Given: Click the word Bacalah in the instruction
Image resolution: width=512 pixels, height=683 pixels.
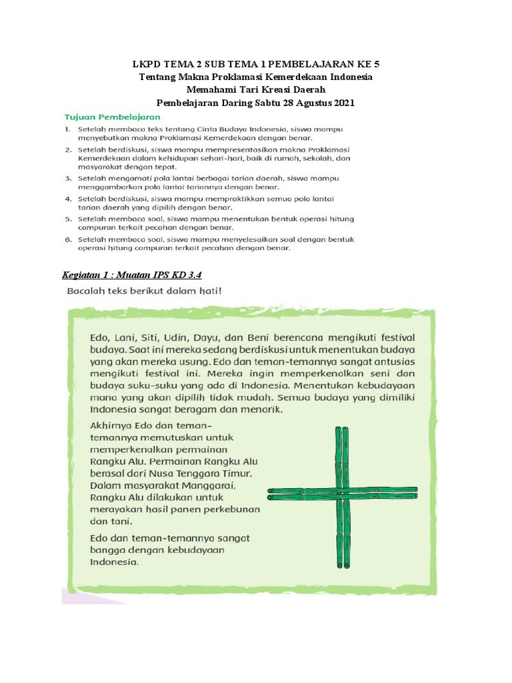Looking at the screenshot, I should tap(87, 291).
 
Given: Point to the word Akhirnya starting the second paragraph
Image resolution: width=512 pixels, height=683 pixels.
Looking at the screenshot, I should tap(112, 424).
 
